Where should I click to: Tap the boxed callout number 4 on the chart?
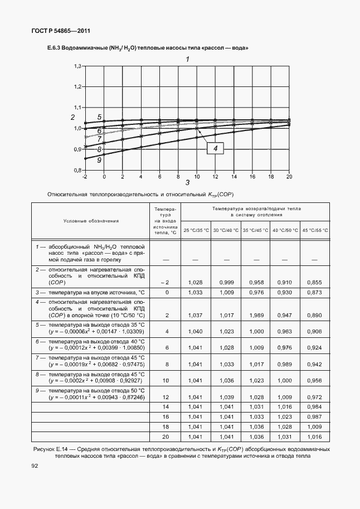pyautogui.click(x=215, y=148)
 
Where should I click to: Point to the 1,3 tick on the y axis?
pyautogui.click(x=78, y=66)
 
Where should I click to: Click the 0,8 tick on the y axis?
pyautogui.click(x=78, y=171)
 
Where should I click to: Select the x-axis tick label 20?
pyautogui.click(x=289, y=176)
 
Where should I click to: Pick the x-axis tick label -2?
pyautogui.click(x=85, y=176)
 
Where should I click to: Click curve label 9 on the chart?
pyautogui.click(x=99, y=160)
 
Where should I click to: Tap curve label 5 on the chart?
pyautogui.click(x=99, y=117)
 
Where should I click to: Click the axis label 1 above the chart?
pyautogui.click(x=188, y=59)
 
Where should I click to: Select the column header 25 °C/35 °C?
pyautogui.click(x=196, y=230)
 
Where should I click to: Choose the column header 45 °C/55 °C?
pyautogui.click(x=315, y=230)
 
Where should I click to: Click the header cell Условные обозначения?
pyautogui.click(x=90, y=221)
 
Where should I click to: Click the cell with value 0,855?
pyautogui.click(x=315, y=283)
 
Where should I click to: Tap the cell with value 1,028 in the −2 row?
pyautogui.click(x=196, y=283)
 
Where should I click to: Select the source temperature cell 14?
pyautogui.click(x=166, y=408)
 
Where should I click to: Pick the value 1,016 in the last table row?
pyautogui.click(x=315, y=438)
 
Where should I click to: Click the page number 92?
pyautogui.click(x=35, y=466)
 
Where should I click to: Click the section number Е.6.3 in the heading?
pyautogui.click(x=55, y=49)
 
